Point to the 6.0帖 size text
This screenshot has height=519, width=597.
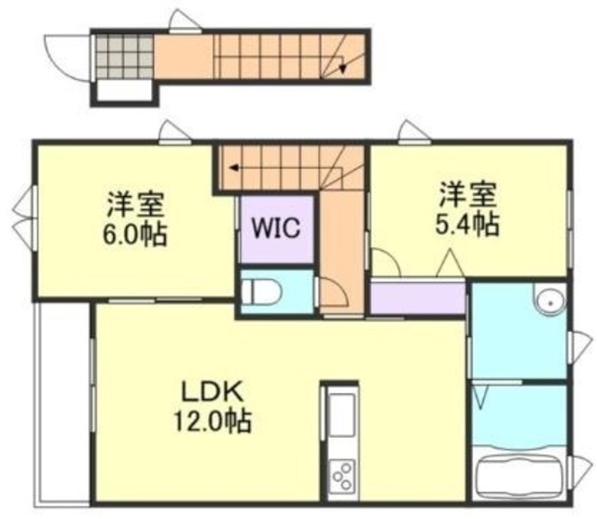135,233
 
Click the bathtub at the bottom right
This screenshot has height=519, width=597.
520,476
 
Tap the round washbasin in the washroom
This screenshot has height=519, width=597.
548,302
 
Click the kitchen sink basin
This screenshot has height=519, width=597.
340,411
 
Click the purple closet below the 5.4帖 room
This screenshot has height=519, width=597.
417,298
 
